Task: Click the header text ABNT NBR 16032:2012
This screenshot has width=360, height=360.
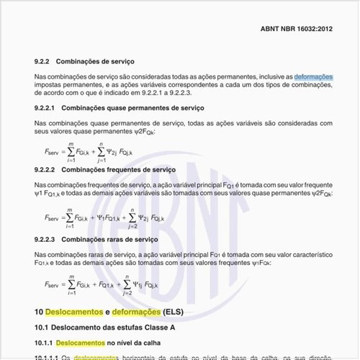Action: [296, 30]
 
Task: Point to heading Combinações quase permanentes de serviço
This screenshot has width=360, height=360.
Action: [132, 108]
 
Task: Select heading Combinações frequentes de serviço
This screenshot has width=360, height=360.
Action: [118, 169]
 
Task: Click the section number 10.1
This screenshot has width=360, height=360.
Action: [42, 328]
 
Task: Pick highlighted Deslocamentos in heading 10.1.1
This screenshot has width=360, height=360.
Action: [80, 343]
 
